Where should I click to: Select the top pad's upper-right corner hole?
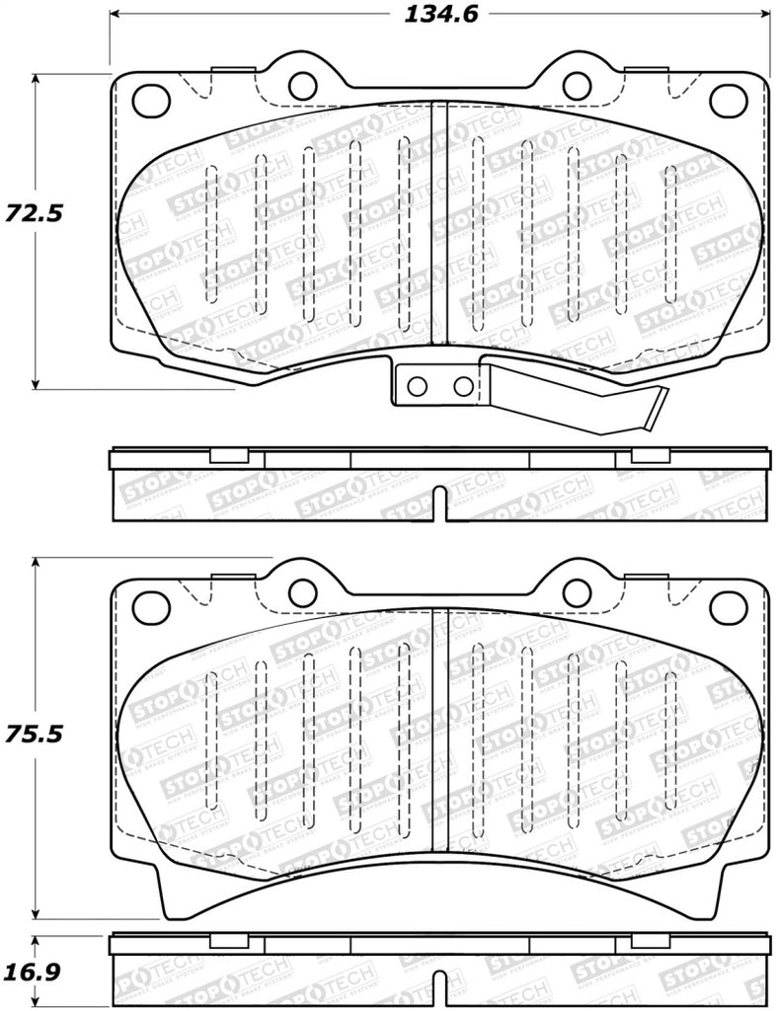[x=729, y=98]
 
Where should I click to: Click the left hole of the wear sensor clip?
[x=418, y=385]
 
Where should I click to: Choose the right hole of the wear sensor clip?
[x=462, y=385]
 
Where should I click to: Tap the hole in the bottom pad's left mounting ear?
[x=301, y=591]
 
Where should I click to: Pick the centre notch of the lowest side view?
[x=438, y=997]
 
